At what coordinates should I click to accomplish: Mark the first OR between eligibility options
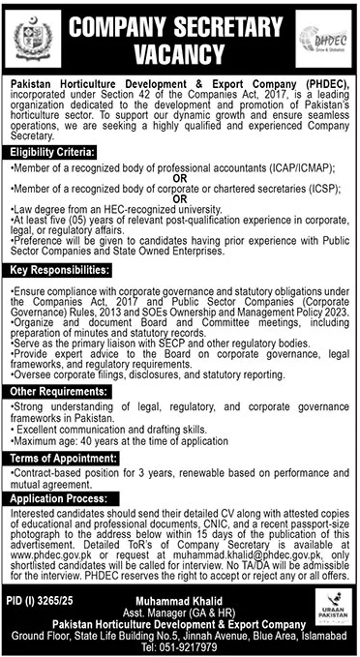pos(181,176)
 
